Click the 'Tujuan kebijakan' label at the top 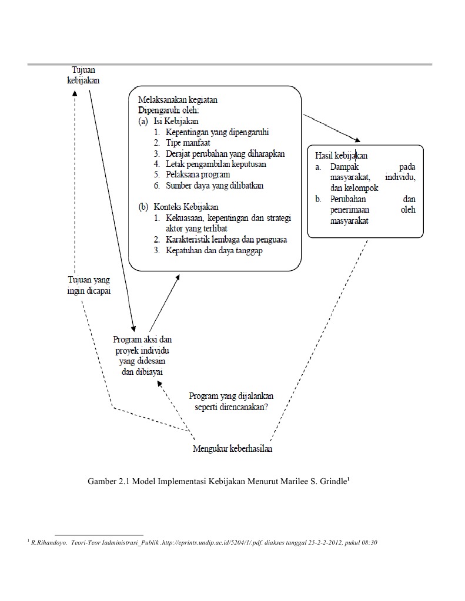point(83,75)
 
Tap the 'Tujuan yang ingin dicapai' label point(89,286)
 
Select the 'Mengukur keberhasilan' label point(232,449)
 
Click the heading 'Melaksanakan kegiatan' point(179,100)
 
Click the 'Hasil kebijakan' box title point(342,156)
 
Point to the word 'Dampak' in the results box point(344,167)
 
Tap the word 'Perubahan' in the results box point(349,199)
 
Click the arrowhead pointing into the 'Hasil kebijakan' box point(356,139)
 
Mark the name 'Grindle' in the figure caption point(331,482)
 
